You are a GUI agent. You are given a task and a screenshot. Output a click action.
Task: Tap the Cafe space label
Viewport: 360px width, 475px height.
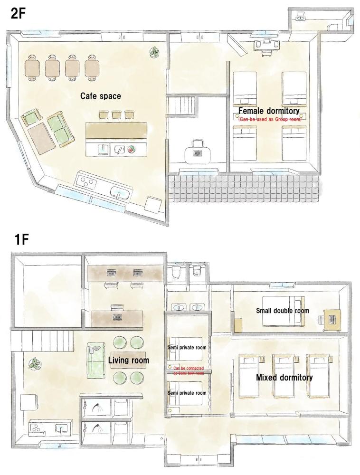click(101, 96)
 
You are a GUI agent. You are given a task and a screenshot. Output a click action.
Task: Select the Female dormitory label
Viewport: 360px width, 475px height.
click(269, 111)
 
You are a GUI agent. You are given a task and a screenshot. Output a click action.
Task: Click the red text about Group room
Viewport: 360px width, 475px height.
click(270, 119)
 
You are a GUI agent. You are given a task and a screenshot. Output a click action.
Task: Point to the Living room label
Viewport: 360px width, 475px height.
click(128, 360)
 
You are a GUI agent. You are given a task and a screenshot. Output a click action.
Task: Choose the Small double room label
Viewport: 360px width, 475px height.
click(283, 311)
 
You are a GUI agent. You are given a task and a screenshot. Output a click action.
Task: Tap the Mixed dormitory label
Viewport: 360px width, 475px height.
click(284, 377)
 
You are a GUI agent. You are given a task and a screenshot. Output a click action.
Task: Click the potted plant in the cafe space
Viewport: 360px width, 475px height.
click(154, 52)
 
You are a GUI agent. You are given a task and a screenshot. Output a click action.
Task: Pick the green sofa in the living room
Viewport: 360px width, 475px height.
click(96, 360)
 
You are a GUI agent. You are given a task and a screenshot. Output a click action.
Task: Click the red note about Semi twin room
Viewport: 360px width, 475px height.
click(189, 371)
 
